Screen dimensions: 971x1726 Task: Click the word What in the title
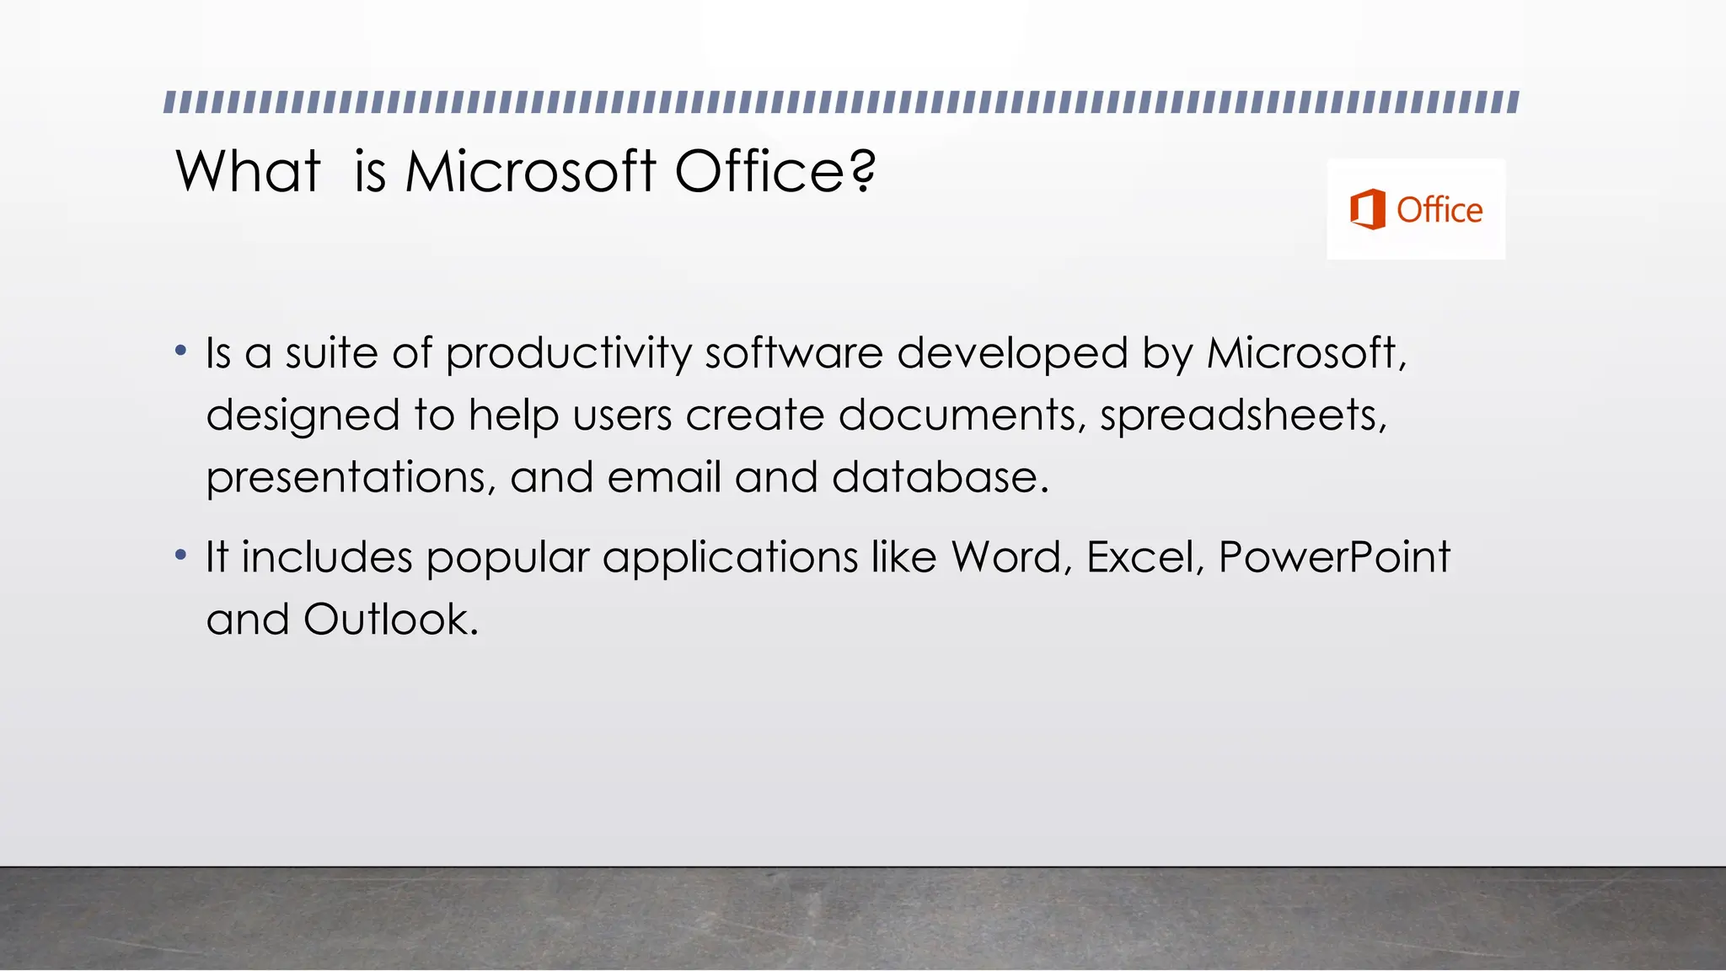point(248,172)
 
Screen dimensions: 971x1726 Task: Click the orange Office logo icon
point(1367,209)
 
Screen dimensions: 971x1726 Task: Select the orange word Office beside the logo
point(1439,210)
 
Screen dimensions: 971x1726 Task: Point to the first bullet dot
point(180,351)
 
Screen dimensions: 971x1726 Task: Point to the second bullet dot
point(180,555)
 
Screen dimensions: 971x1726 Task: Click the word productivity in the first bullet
point(568,353)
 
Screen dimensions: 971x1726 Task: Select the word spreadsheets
point(1242,416)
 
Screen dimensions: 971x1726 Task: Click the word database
point(940,477)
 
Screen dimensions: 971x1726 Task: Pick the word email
point(664,477)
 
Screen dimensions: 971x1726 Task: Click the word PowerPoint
point(1334,557)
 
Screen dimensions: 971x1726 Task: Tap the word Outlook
point(390,620)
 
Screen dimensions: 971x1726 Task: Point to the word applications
point(730,559)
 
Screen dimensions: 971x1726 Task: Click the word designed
point(303,416)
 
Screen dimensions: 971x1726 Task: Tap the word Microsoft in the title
point(530,172)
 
